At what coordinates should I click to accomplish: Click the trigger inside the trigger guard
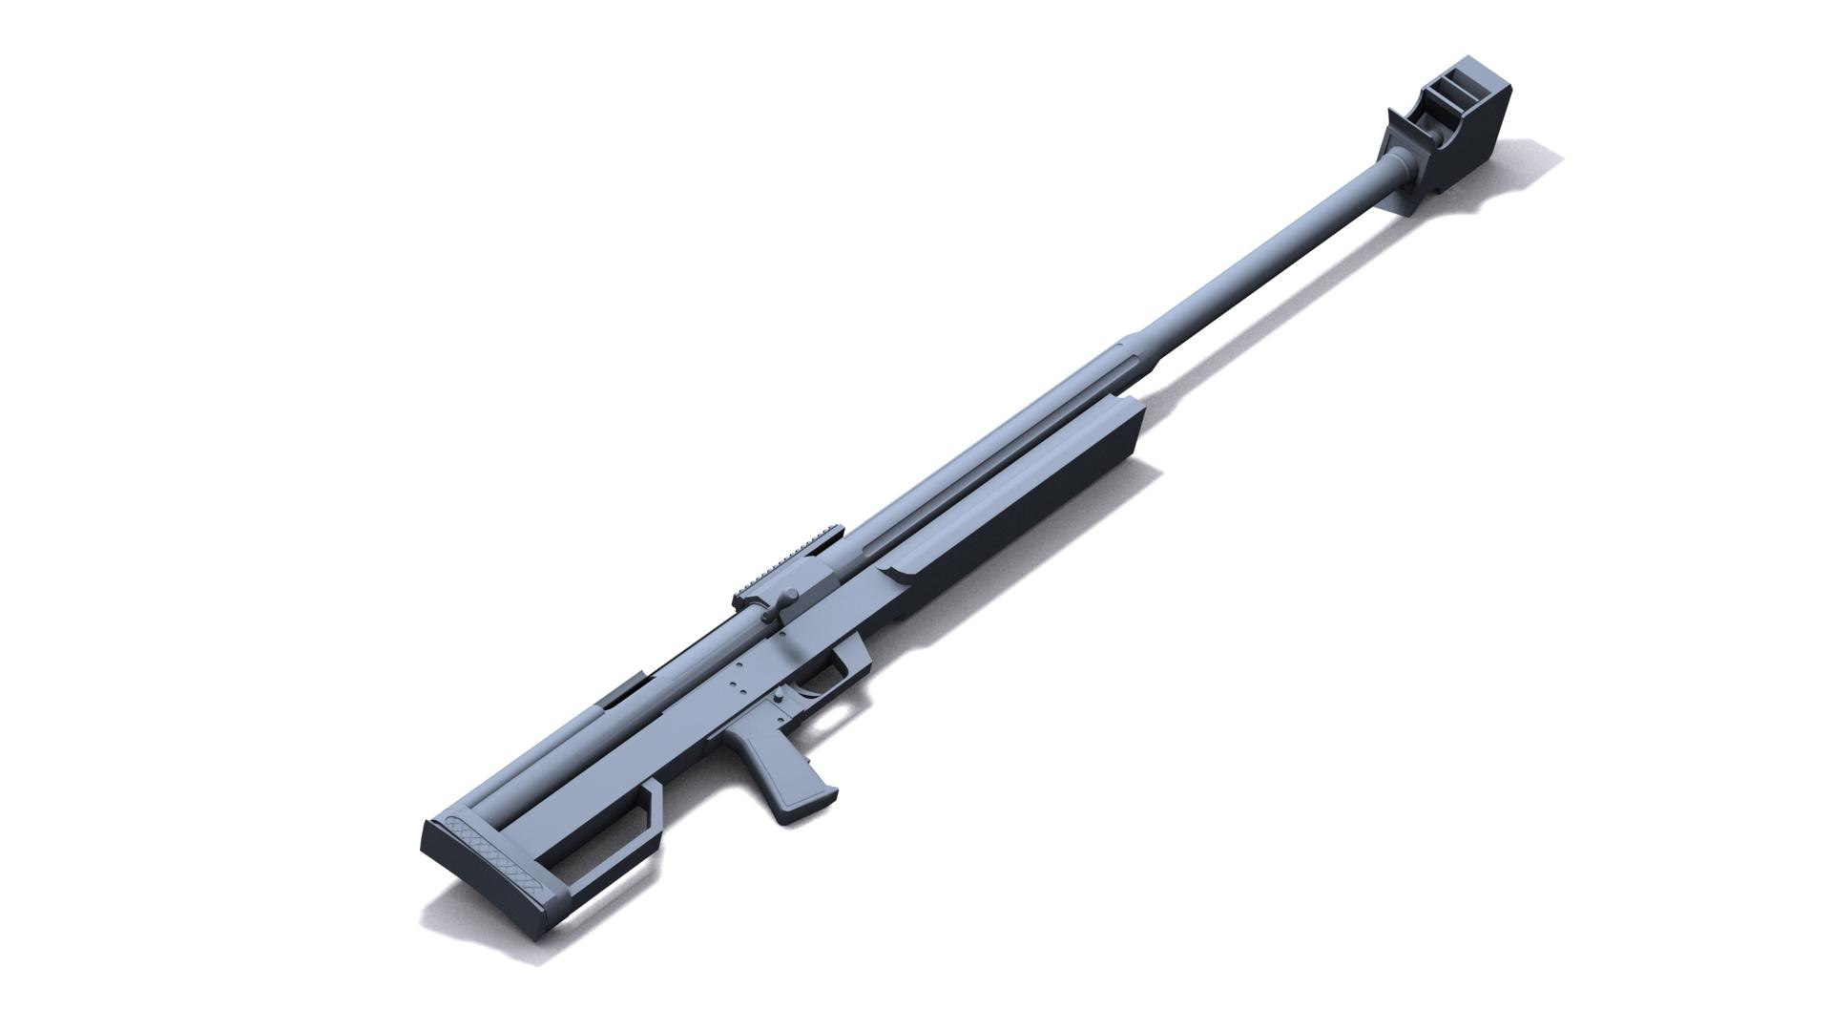coord(822,684)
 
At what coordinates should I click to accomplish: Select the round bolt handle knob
coord(791,598)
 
